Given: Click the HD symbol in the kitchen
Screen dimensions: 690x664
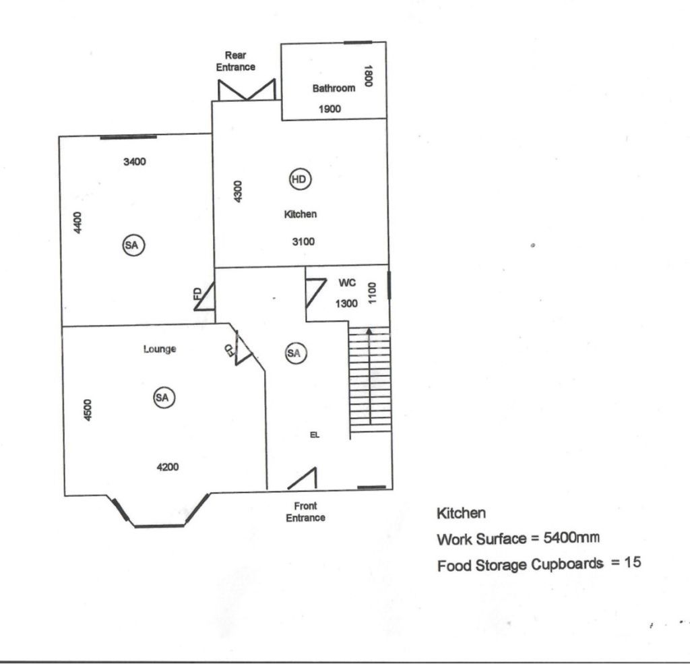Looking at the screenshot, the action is coord(300,179).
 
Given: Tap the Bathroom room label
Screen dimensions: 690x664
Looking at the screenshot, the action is coord(334,88).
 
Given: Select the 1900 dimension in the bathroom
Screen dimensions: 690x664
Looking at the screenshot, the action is coord(330,109).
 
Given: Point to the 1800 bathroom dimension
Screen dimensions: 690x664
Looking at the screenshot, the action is coord(369,76).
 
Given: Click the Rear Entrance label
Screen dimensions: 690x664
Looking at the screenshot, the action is coord(235,61).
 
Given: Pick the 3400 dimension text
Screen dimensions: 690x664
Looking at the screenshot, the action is coord(134,162).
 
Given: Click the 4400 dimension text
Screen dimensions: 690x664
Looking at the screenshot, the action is coord(77,223).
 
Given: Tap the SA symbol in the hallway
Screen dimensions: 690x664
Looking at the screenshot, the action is coord(295,353).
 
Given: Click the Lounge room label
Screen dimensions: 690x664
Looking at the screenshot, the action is coord(160,349).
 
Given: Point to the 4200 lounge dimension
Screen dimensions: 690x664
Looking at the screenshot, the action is coord(168,466).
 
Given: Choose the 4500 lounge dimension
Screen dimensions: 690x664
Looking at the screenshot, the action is coord(88,410).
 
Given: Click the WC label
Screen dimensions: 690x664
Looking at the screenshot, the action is coord(347,282).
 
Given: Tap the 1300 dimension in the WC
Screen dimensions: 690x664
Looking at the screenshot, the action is coord(346,303).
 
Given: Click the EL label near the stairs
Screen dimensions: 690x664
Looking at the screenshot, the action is coord(315,435).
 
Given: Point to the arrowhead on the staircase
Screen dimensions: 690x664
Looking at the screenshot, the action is coord(369,331).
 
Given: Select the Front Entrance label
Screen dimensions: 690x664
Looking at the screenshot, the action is coord(305,512).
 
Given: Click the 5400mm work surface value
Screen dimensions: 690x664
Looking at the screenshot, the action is coord(571,538).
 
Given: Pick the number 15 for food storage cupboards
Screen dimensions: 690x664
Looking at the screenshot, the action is coord(632,562).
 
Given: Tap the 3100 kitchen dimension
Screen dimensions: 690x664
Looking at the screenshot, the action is coord(303,241).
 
